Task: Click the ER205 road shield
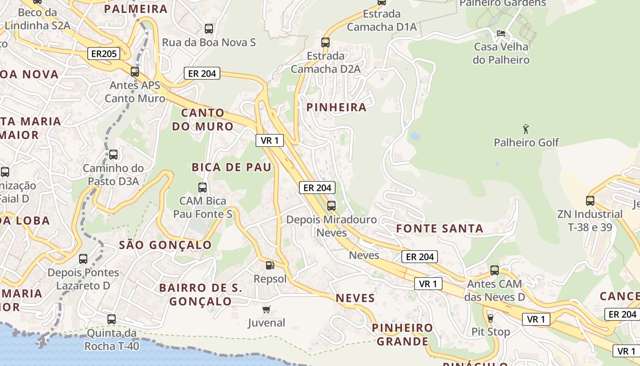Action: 104,54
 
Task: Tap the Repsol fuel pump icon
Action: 270,265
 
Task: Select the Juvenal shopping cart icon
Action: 267,310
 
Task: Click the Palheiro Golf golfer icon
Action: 526,129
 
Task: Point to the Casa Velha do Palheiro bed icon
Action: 501,33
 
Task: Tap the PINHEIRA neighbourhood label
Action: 336,108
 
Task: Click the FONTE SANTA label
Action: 439,229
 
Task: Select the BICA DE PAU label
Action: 231,167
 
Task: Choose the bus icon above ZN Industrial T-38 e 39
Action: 590,200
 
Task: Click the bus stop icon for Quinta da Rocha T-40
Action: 112,319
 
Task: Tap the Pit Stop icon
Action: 491,318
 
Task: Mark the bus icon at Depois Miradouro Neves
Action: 331,206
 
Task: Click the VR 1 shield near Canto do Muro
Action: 270,140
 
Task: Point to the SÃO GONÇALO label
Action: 165,245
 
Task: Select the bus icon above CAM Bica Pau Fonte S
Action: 202,187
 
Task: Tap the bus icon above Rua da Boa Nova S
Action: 209,28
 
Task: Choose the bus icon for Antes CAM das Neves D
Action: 495,270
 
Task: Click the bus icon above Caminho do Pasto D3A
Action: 113,155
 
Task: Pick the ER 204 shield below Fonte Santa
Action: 420,257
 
